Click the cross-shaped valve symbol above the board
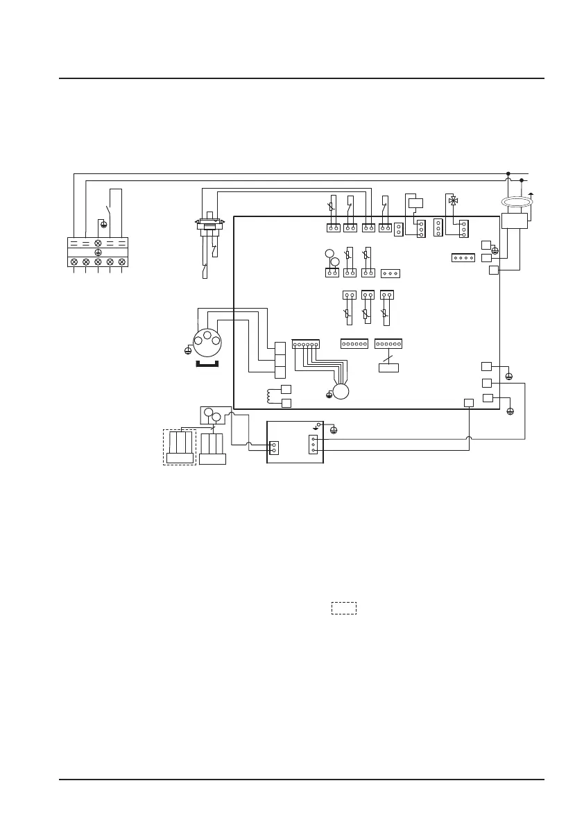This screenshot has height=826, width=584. [453, 200]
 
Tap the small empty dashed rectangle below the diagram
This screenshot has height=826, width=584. [343, 608]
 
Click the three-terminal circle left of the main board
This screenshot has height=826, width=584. [207, 339]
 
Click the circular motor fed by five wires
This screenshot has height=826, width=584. [341, 391]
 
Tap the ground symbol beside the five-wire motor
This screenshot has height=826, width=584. [329, 395]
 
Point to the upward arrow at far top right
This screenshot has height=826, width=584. [531, 196]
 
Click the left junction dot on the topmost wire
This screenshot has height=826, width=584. [508, 174]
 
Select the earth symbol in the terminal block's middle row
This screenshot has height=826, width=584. [98, 252]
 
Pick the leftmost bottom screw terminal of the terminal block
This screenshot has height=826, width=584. [74, 261]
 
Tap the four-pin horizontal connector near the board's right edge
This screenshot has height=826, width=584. [462, 258]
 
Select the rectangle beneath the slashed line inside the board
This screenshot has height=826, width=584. [388, 367]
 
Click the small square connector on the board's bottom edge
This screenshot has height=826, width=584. [469, 402]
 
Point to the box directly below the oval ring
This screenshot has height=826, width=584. [514, 221]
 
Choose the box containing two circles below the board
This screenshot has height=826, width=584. [214, 415]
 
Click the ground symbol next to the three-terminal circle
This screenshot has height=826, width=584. [188, 351]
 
